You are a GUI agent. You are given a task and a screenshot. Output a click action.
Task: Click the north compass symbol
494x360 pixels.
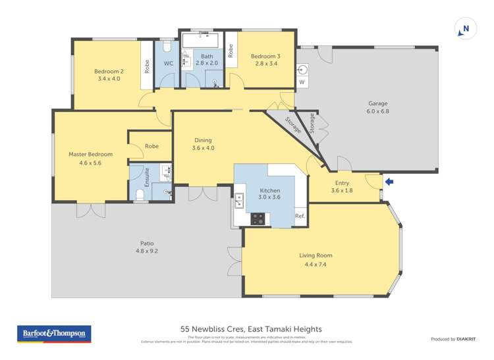click(465, 28)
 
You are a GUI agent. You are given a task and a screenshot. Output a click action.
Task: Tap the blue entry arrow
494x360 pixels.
click(389, 182)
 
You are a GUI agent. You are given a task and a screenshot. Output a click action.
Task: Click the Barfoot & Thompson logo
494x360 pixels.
click(54, 334)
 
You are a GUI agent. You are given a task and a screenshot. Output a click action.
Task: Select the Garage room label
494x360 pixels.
click(377, 103)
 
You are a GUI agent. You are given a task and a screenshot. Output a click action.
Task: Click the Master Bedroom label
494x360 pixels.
click(90, 154)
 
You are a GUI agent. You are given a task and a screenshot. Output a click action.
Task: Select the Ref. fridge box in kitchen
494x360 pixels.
click(300, 217)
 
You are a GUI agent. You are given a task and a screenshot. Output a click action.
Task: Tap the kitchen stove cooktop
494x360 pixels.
click(258, 218)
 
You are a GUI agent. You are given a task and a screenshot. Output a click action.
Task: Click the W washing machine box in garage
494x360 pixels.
click(302, 82)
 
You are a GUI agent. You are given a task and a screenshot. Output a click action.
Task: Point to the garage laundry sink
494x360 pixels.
click(303, 68)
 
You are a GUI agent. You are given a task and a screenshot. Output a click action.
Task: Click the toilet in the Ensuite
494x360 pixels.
click(139, 194)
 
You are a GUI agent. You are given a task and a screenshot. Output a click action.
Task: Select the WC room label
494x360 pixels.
click(168, 64)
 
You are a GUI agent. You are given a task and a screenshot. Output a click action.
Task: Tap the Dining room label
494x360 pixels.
click(203, 140)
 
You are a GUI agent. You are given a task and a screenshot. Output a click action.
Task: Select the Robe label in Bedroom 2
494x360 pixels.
click(146, 66)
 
